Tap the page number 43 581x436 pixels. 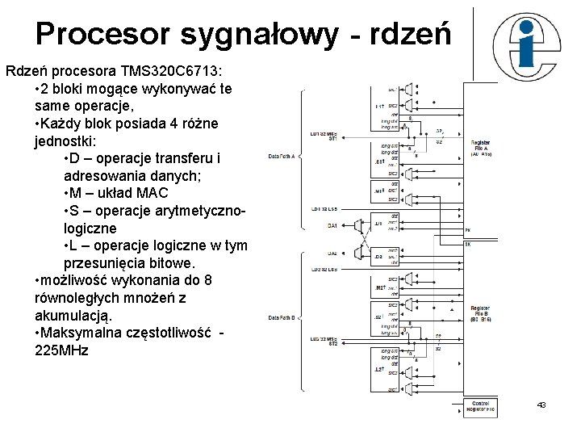click(x=541, y=405)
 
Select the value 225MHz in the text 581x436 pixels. click(x=62, y=351)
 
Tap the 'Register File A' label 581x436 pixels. click(x=481, y=145)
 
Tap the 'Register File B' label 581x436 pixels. click(x=480, y=312)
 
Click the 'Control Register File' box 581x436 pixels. click(x=480, y=406)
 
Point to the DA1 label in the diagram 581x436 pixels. click(x=332, y=225)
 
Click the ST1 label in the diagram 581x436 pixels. click(x=332, y=138)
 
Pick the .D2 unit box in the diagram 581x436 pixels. click(x=379, y=258)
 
